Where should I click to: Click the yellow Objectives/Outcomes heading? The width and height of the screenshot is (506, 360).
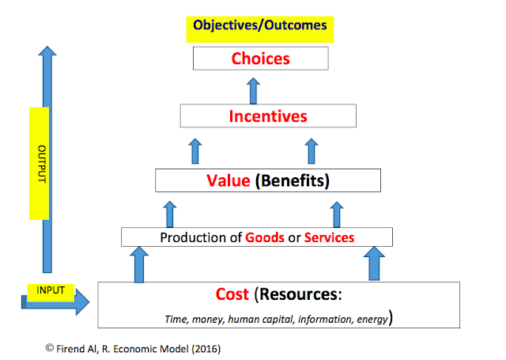coord(259,26)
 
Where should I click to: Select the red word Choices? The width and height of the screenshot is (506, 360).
coord(260,58)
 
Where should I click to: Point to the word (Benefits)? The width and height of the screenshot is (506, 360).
coord(292,180)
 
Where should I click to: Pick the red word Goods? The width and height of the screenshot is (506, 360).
coord(265,237)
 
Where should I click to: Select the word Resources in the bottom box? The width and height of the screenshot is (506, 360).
coord(299,294)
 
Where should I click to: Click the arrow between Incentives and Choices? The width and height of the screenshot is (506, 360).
coord(253,90)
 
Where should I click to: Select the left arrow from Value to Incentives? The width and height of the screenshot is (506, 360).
coord(194,149)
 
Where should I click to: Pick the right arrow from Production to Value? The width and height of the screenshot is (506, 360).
coord(337,213)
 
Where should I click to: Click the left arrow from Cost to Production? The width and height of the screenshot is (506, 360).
coord(139,263)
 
